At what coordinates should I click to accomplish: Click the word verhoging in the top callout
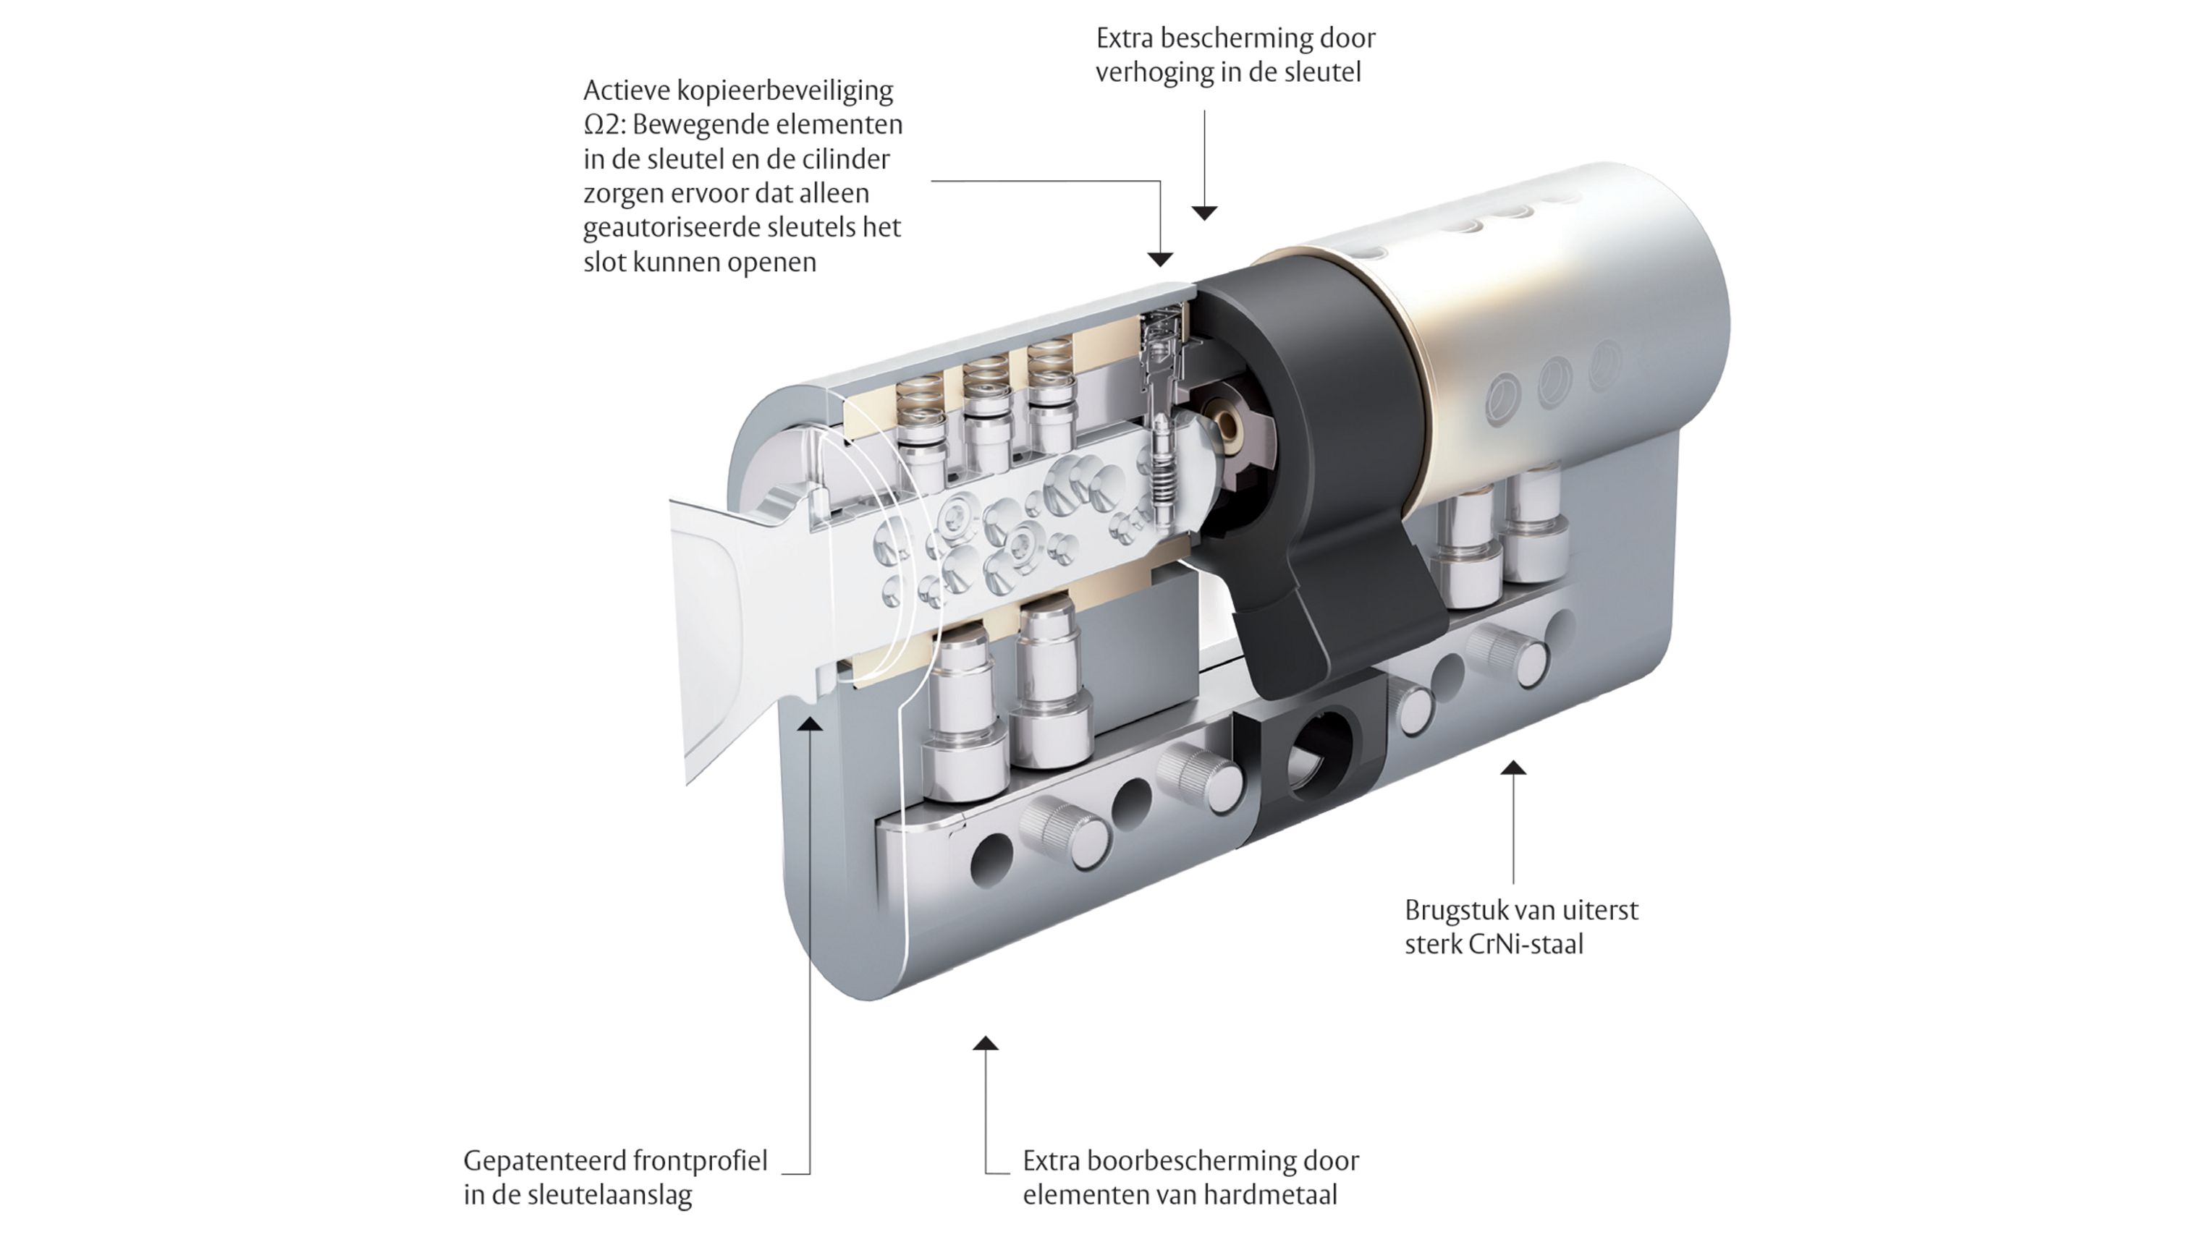(x=1156, y=72)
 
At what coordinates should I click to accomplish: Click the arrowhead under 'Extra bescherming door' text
(x=1204, y=213)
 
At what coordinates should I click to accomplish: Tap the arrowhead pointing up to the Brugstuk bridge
(x=1513, y=768)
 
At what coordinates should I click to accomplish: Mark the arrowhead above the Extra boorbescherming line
(x=986, y=1042)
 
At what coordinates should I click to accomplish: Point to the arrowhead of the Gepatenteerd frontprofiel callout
(x=810, y=724)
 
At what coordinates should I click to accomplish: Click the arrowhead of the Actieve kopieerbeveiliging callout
(x=1160, y=259)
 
